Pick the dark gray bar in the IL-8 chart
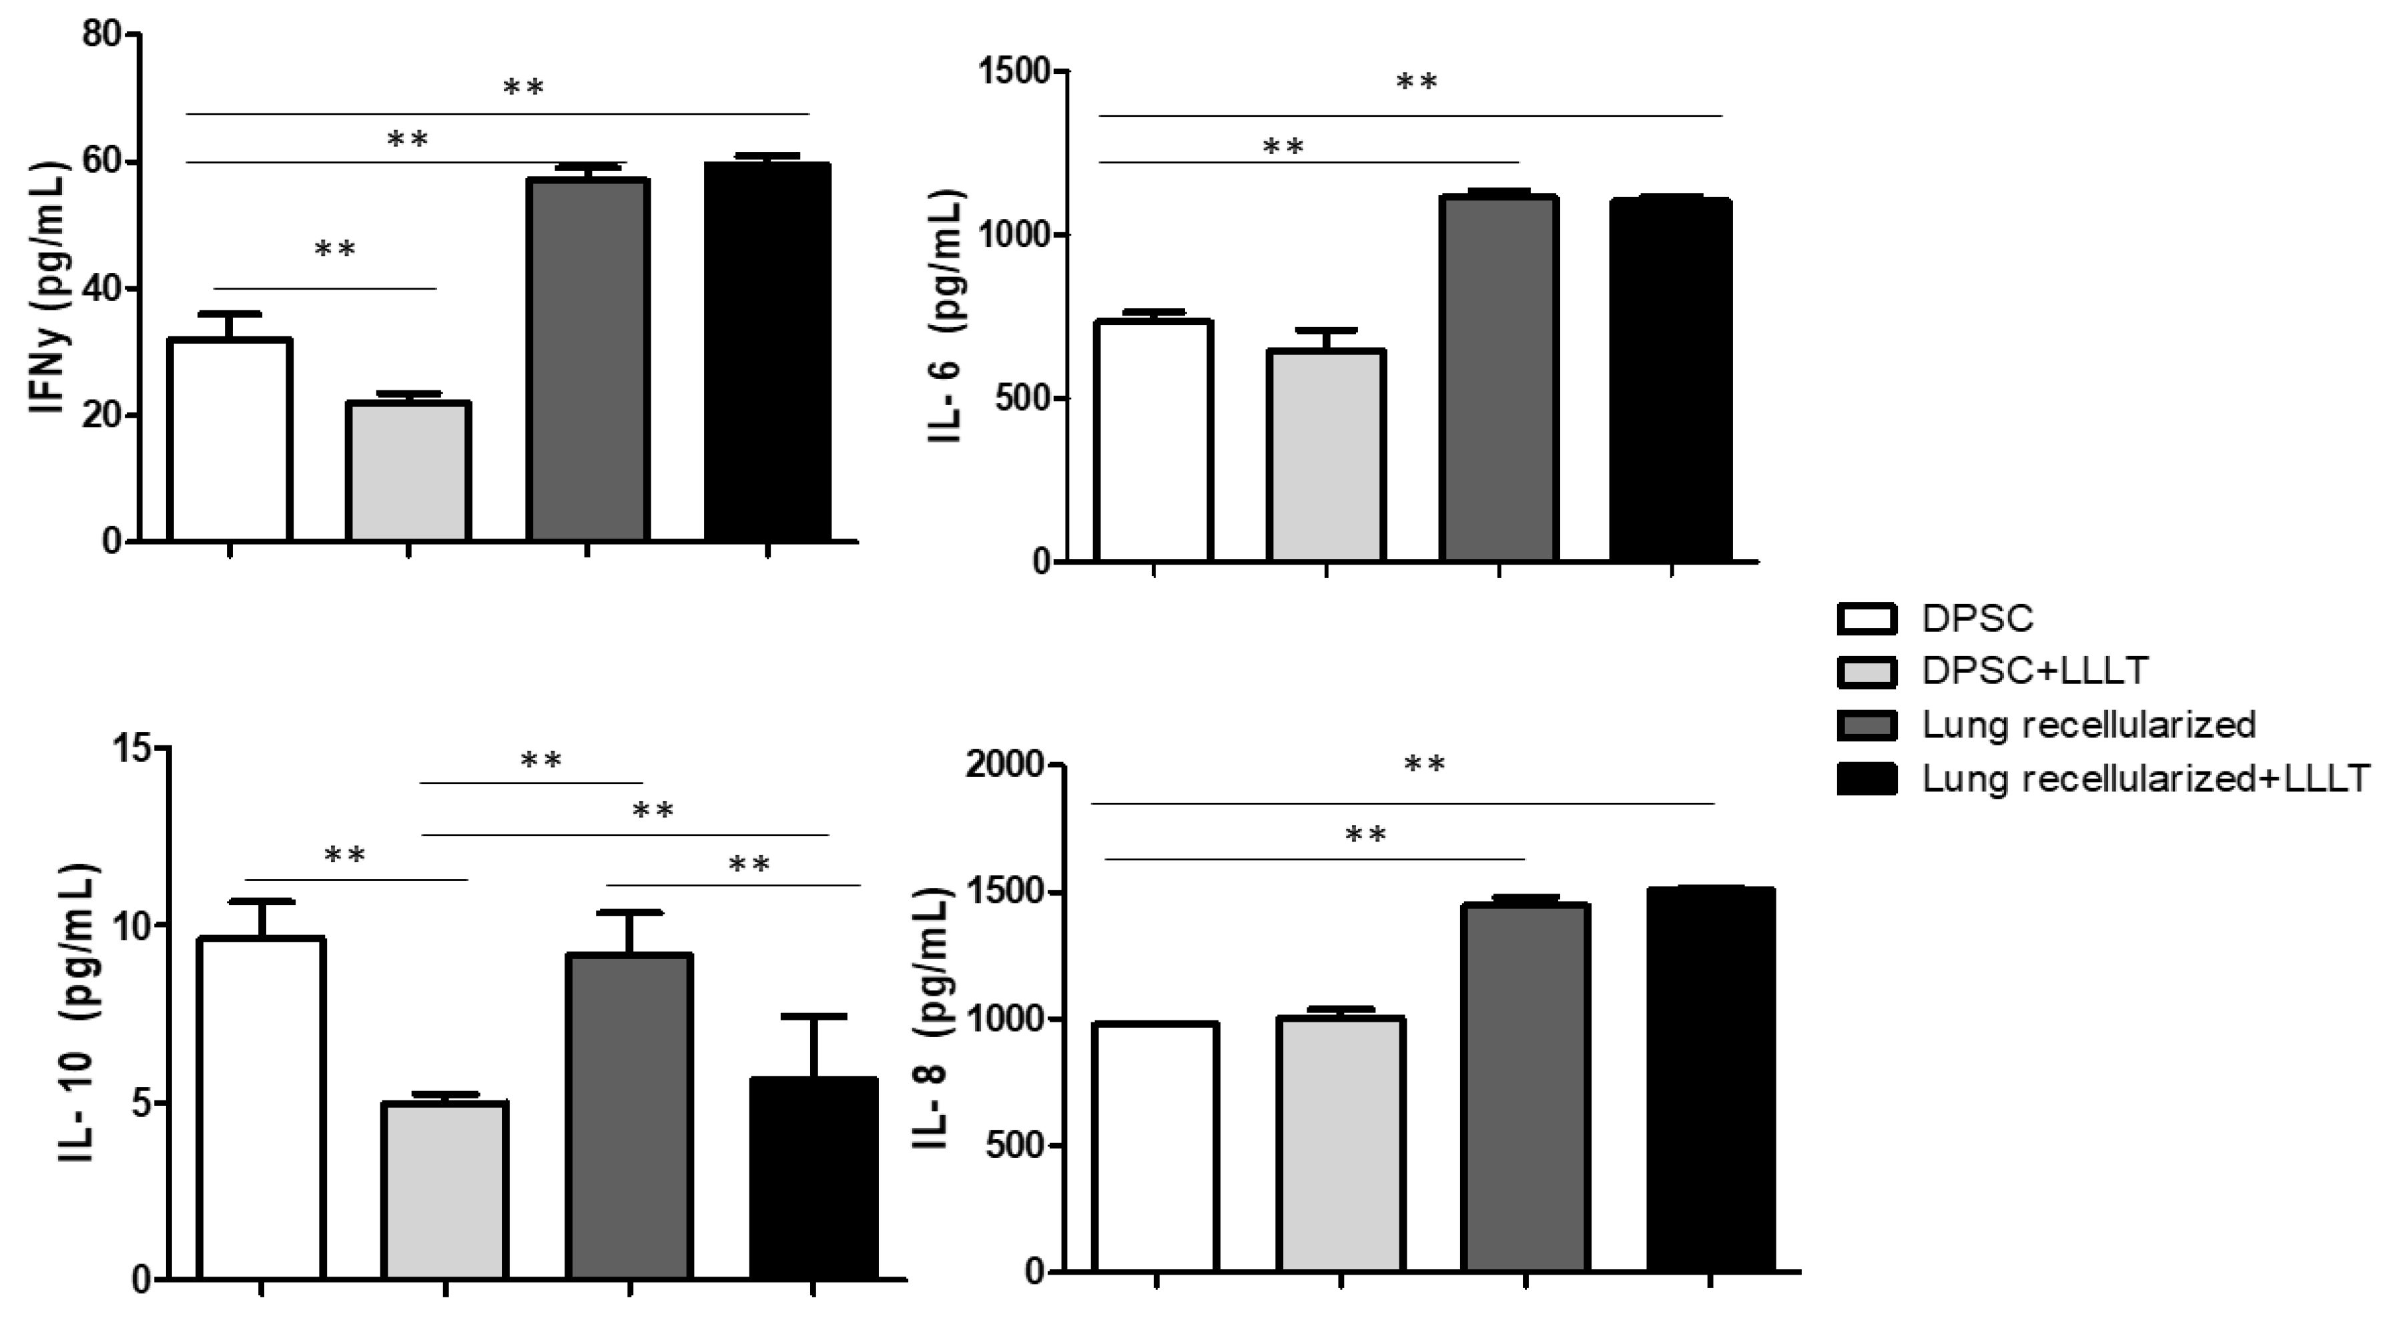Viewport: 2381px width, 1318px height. (1525, 1090)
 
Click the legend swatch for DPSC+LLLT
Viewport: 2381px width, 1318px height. (1866, 672)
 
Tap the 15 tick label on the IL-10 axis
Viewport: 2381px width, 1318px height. (134, 747)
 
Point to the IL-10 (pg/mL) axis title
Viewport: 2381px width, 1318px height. (81, 1012)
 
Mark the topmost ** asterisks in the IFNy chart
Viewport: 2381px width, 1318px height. (523, 88)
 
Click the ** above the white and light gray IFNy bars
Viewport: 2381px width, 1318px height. (334, 250)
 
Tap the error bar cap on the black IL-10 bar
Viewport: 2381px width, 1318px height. (813, 1016)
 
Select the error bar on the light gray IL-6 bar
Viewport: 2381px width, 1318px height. (1327, 338)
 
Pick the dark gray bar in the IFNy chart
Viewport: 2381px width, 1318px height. (587, 360)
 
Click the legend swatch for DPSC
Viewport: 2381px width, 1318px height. (1866, 619)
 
